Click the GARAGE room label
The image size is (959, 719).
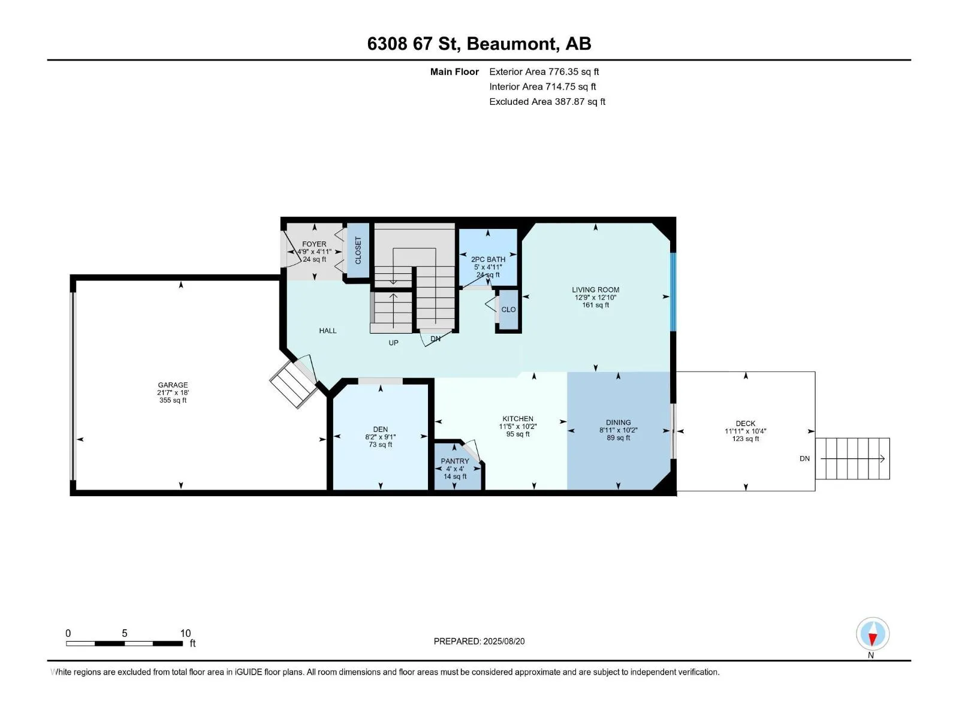[x=173, y=385]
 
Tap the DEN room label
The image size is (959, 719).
[x=380, y=429]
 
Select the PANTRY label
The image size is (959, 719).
[x=455, y=461]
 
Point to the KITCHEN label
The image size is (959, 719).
[x=518, y=419]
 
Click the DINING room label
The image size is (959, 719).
[x=618, y=422]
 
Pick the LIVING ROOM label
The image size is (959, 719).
[x=596, y=289]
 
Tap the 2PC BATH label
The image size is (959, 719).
[x=488, y=259]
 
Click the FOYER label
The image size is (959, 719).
[x=314, y=244]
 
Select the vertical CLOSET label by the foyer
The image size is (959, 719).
[x=358, y=250]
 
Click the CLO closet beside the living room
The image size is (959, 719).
[x=508, y=310]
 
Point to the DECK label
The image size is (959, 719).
[x=746, y=424]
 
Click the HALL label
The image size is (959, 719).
[x=328, y=331]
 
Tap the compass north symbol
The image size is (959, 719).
[x=873, y=634]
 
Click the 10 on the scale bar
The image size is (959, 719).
[x=186, y=633]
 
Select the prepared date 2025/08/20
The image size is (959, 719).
[x=503, y=641]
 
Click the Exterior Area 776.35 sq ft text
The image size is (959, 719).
[x=544, y=71]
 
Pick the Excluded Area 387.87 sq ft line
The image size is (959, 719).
[x=547, y=102]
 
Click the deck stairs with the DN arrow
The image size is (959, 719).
[x=852, y=458]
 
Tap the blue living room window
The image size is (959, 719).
[x=673, y=292]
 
